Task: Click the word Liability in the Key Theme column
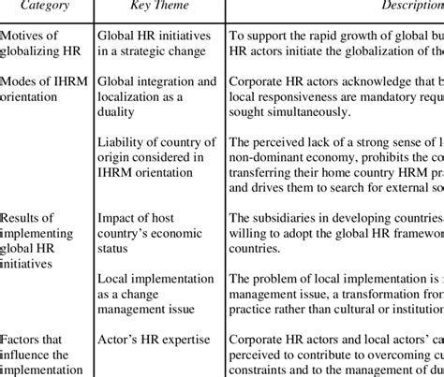(123, 140)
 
